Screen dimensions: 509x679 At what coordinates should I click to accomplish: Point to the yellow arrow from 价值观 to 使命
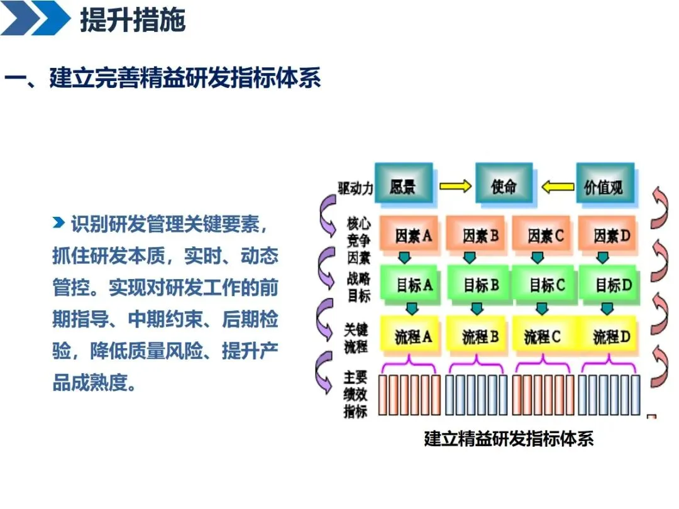pyautogui.click(x=558, y=186)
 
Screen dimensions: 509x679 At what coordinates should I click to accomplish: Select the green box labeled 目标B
pyautogui.click(x=480, y=285)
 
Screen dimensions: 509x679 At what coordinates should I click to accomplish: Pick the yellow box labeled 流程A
pyautogui.click(x=412, y=336)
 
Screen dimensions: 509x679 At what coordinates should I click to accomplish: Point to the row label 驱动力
pyautogui.click(x=355, y=188)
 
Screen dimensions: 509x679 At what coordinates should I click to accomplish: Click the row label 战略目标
pyautogui.click(x=358, y=287)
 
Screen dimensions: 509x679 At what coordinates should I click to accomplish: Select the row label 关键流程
pyautogui.click(x=356, y=338)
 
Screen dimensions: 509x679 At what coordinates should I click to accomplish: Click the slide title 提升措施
pyautogui.click(x=133, y=20)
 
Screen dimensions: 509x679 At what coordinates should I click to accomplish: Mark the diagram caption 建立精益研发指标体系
pyautogui.click(x=509, y=438)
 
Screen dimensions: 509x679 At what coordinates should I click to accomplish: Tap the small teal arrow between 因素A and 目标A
pyautogui.click(x=404, y=258)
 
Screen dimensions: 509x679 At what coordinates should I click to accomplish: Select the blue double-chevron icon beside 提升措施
pyautogui.click(x=36, y=18)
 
